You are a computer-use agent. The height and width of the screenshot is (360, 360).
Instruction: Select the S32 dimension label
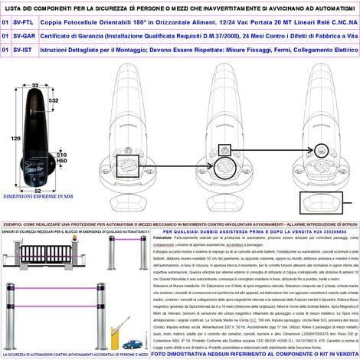53,100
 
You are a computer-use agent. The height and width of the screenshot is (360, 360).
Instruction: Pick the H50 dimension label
63,161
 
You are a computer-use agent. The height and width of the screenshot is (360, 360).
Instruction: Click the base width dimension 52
36,189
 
